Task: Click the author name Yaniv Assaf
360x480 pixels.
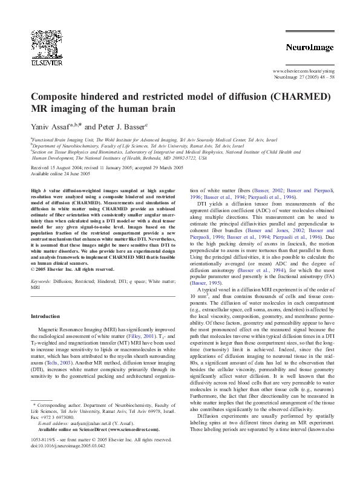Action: (x=52, y=128)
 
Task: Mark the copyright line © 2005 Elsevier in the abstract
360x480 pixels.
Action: (x=72, y=269)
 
